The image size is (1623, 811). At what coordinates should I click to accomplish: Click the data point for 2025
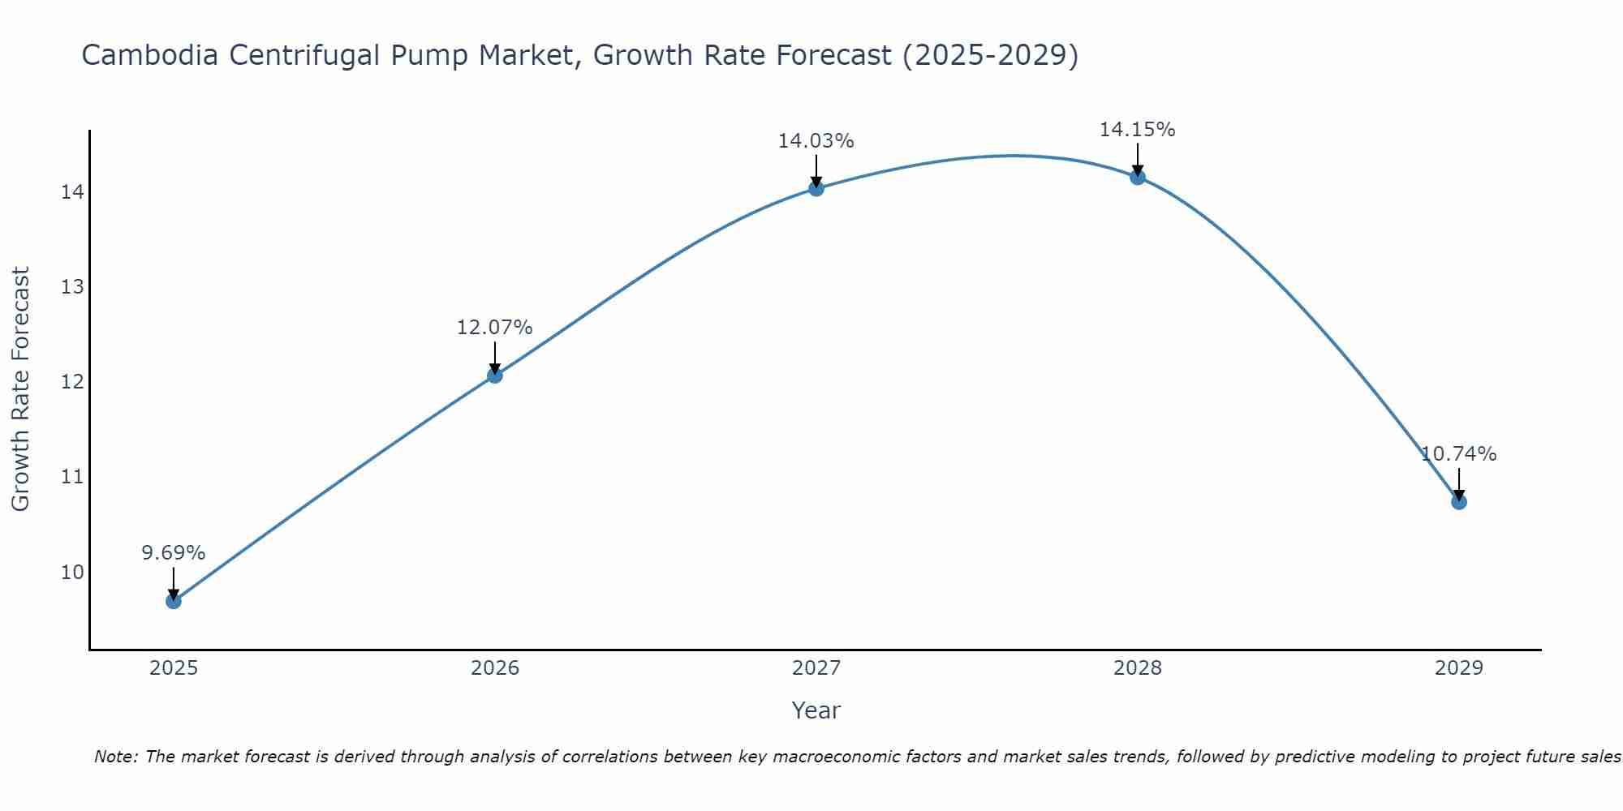coord(174,601)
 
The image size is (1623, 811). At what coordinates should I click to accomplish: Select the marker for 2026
coord(495,375)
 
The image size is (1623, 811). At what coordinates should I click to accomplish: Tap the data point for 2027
coord(816,188)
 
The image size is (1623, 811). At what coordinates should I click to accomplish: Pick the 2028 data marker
coord(1138,177)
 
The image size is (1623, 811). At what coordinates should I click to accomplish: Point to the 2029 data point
coord(1458,501)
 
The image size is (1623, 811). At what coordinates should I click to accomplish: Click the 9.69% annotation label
coord(174,553)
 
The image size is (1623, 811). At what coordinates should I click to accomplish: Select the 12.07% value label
coord(495,328)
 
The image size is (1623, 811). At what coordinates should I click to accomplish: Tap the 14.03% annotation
coord(816,141)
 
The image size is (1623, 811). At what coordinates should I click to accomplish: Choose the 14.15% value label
coord(1138,130)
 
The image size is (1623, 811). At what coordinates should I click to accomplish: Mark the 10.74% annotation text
coord(1458,454)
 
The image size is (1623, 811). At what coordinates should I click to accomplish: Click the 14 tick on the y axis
coord(72,192)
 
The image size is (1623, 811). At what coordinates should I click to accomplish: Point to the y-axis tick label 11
coord(72,476)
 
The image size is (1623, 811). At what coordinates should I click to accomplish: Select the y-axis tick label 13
coord(72,287)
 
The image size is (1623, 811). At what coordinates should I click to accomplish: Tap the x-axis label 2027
coord(816,668)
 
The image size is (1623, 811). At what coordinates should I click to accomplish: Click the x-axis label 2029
coord(1458,668)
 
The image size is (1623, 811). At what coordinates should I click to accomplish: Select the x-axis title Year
coord(816,710)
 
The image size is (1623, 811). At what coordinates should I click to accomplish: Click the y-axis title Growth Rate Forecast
coord(21,388)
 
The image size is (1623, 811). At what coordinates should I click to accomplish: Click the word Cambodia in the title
coord(149,56)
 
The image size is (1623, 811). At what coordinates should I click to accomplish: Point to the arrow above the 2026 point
coord(495,357)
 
